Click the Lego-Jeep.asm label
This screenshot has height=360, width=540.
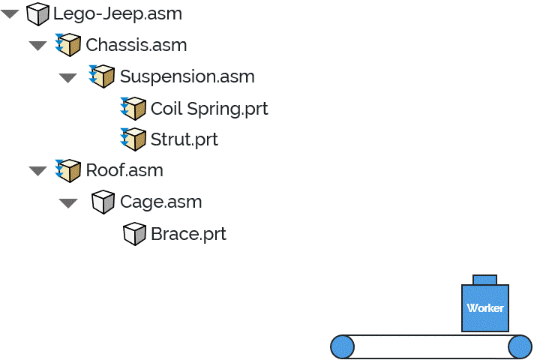click(x=117, y=13)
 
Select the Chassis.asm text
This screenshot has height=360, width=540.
click(x=136, y=45)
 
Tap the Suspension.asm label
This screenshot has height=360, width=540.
click(x=187, y=76)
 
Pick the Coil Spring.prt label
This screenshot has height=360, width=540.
click(x=208, y=109)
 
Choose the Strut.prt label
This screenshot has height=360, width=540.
click(x=184, y=139)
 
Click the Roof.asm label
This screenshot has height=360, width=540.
click(x=124, y=170)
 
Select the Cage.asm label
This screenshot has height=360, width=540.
click(x=160, y=202)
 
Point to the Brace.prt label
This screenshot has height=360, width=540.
click(x=188, y=234)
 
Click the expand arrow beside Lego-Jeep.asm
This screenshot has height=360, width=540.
click(x=10, y=14)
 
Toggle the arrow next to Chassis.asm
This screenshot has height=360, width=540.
click(x=37, y=46)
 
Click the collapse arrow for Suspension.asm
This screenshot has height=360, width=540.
click(x=68, y=77)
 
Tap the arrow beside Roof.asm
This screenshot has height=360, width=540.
click(x=37, y=171)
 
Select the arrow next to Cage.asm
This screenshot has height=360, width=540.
click(x=68, y=202)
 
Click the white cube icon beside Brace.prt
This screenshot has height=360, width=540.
click(x=133, y=234)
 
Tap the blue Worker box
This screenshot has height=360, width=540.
click(x=485, y=307)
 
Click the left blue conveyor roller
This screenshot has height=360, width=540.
click(x=342, y=346)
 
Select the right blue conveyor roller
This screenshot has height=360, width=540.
click(x=520, y=346)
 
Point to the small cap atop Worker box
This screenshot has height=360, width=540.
click(x=484, y=279)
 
